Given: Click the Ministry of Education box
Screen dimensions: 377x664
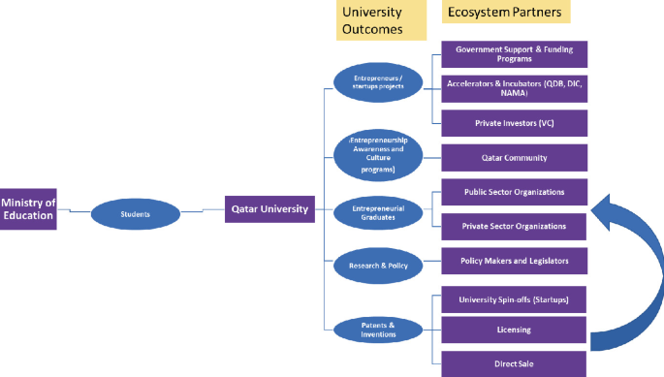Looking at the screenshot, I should [x=28, y=208].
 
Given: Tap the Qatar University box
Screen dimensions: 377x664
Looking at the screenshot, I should [x=270, y=208].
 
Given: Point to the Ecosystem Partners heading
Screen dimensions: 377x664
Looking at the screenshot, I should [x=505, y=13].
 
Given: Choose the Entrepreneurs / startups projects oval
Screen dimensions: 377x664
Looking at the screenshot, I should [x=379, y=81].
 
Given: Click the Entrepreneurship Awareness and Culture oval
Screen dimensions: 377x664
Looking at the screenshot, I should [x=378, y=154].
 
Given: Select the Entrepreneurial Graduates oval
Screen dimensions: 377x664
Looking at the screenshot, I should [x=378, y=213].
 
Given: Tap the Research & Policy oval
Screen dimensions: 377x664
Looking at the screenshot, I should [x=378, y=264].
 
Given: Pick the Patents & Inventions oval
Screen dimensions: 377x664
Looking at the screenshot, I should [x=378, y=330].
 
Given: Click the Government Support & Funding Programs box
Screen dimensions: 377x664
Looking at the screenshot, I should [x=514, y=53].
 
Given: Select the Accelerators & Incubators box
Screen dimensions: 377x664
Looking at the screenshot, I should [x=514, y=88].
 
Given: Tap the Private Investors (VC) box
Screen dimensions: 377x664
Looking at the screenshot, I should [x=514, y=123].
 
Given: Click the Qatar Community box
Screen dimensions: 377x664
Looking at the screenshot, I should [x=514, y=158].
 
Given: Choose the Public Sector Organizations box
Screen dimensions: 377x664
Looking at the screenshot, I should [x=514, y=192].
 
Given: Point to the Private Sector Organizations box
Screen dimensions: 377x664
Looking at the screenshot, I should [x=514, y=226].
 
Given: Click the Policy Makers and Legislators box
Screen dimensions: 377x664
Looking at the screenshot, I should [x=514, y=261].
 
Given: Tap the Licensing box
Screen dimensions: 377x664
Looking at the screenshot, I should [x=514, y=330].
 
